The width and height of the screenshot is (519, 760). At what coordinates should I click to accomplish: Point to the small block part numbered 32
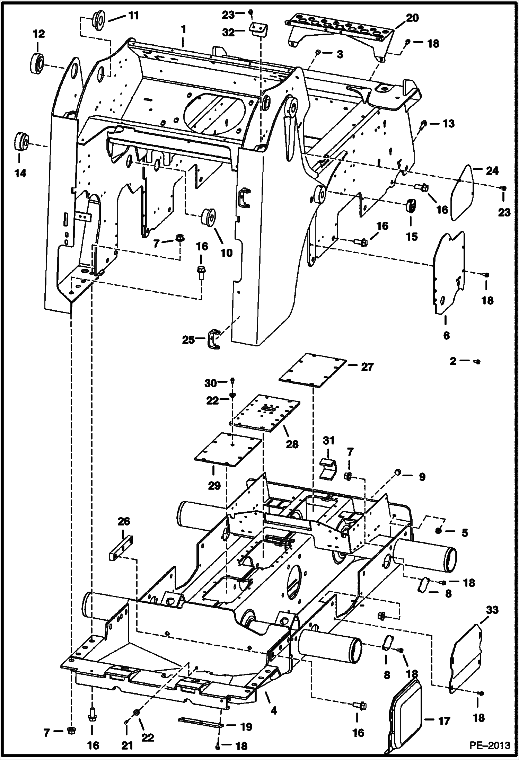point(258,29)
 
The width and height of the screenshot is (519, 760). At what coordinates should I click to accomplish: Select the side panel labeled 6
point(448,274)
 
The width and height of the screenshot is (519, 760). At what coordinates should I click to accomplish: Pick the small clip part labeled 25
point(212,339)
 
